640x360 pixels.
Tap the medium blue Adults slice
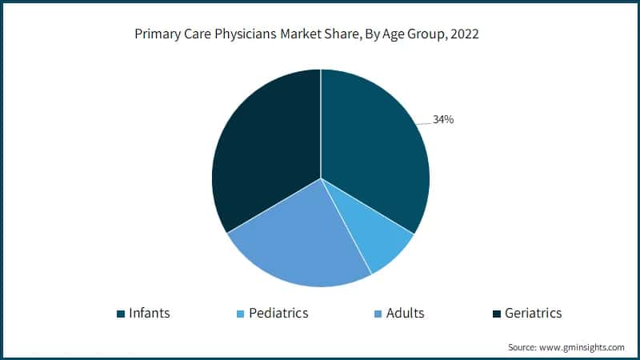pyautogui.click(x=300, y=240)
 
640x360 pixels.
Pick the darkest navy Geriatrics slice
pyautogui.click(x=260, y=144)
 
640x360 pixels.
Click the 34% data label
pyautogui.click(x=443, y=119)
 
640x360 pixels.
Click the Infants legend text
pyautogui.click(x=150, y=313)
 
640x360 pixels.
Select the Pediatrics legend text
pyautogui.click(x=278, y=313)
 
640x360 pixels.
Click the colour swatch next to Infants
pyautogui.click(x=121, y=314)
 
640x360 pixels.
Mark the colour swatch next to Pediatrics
pyautogui.click(x=240, y=314)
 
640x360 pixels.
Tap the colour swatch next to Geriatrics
pyautogui.click(x=497, y=314)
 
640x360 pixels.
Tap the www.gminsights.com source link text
pyautogui.click(x=582, y=347)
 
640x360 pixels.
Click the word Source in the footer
pyautogui.click(x=522, y=347)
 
